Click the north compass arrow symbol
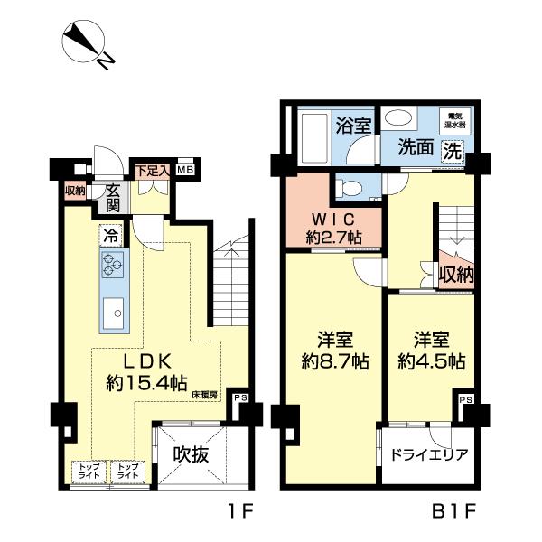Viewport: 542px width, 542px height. [x=85, y=46]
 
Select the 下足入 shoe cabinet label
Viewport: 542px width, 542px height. [x=151, y=169]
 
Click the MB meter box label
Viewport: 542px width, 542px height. [x=184, y=169]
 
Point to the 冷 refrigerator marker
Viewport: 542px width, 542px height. [x=109, y=238]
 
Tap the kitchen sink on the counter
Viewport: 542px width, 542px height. [x=114, y=314]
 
